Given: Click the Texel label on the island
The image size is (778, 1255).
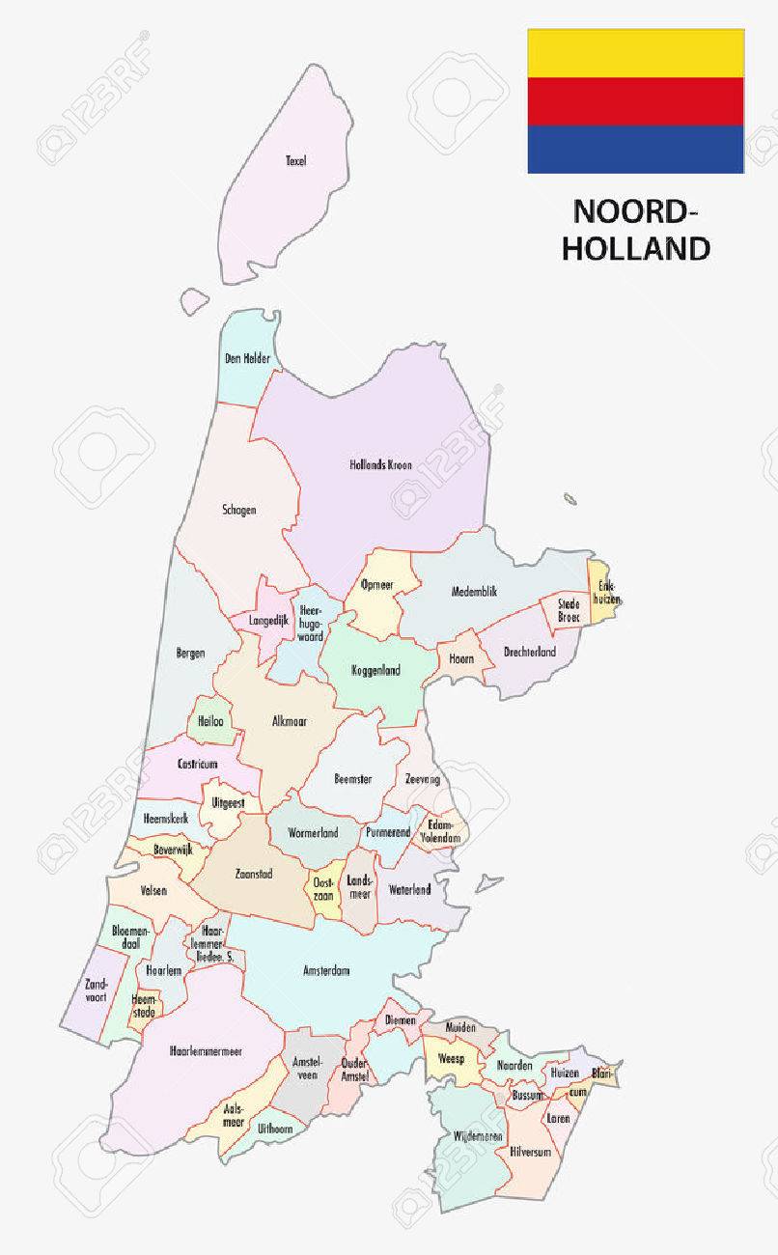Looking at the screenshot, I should pyautogui.click(x=295, y=161).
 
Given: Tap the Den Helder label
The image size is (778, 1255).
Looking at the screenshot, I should pyautogui.click(x=247, y=359).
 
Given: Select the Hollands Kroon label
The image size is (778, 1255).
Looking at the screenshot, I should pyautogui.click(x=380, y=465).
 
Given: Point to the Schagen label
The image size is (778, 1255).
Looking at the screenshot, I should pyautogui.click(x=238, y=510).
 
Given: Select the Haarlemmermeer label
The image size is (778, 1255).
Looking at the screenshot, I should pyautogui.click(x=205, y=1051).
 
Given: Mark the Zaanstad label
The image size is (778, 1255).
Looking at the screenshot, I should pyautogui.click(x=253, y=875).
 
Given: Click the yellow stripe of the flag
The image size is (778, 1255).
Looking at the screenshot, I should pyautogui.click(x=635, y=53).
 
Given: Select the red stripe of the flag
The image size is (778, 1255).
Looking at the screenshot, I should pyautogui.click(x=635, y=101).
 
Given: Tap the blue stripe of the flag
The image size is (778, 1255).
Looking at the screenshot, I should pyautogui.click(x=635, y=150).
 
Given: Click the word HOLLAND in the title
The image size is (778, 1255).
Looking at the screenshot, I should pyautogui.click(x=635, y=249).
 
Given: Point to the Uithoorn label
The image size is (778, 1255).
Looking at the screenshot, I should pyautogui.click(x=275, y=1128).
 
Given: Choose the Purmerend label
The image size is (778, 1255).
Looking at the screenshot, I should pyautogui.click(x=388, y=832).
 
